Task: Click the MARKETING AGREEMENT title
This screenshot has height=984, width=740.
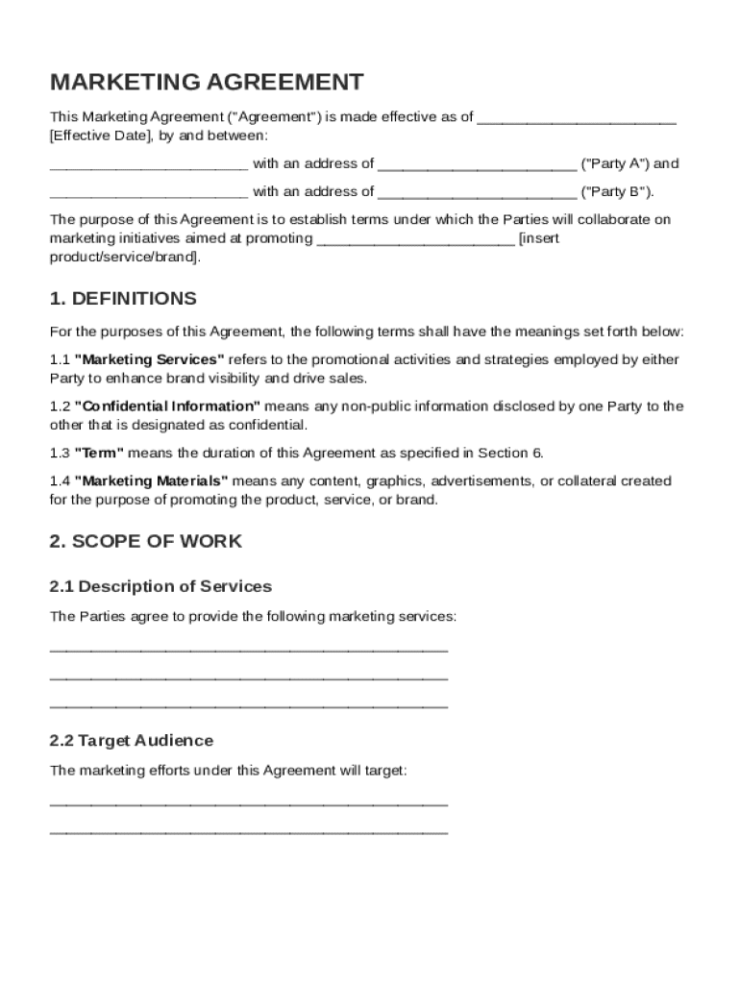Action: click(207, 82)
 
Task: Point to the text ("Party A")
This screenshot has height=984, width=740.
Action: click(615, 163)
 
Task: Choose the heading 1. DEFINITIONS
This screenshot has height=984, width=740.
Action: click(123, 299)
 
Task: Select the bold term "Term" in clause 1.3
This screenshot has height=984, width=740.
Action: click(99, 453)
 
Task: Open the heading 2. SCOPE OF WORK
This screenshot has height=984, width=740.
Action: click(145, 541)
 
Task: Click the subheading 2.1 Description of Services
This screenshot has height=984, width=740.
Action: click(160, 586)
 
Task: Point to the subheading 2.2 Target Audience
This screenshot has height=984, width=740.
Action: click(131, 741)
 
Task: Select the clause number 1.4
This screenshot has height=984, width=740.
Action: click(60, 480)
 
